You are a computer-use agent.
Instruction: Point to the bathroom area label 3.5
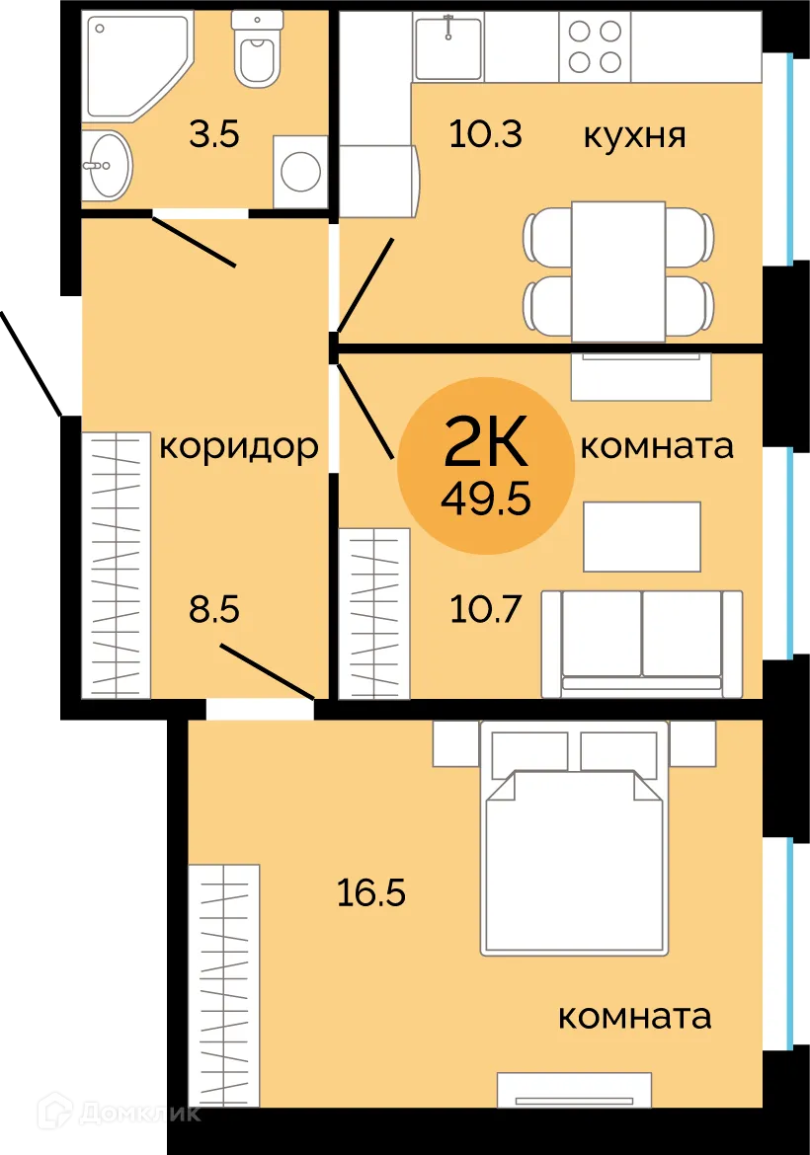click(214, 134)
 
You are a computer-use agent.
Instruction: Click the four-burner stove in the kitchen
click(595, 46)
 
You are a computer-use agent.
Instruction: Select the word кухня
click(634, 134)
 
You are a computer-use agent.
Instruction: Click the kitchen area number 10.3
click(485, 134)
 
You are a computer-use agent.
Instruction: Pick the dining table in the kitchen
click(618, 269)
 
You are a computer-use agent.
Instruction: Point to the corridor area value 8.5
click(214, 609)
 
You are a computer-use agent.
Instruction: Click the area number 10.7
click(485, 609)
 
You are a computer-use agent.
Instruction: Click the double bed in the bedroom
click(572, 854)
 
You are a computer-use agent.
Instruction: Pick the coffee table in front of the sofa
click(642, 536)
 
